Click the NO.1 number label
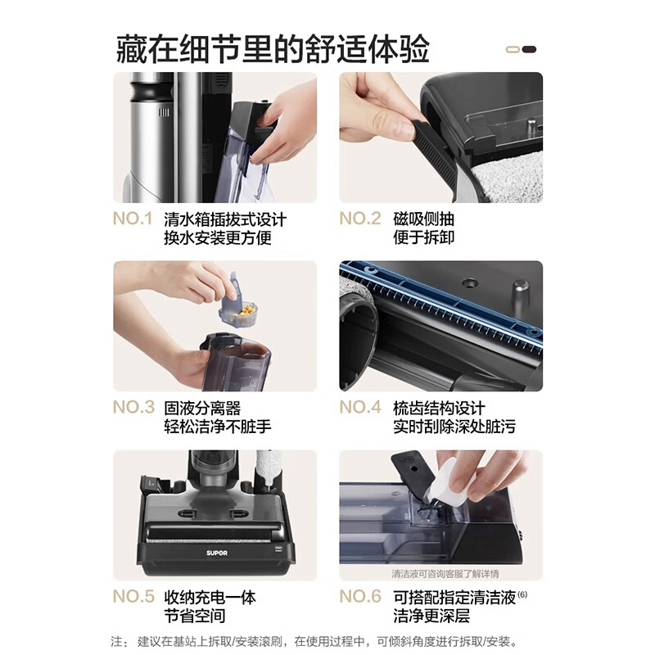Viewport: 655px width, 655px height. pyautogui.click(x=133, y=219)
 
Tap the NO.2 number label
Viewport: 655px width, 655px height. pyautogui.click(x=360, y=219)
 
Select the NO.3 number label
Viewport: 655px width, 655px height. pyautogui.click(x=133, y=408)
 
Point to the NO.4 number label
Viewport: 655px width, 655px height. pyautogui.click(x=360, y=408)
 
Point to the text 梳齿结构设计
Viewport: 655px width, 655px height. pyautogui.click(x=450, y=408)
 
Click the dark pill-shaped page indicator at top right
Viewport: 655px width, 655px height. pyautogui.click(x=529, y=49)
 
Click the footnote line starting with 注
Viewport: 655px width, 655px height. pyautogui.click(x=315, y=641)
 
